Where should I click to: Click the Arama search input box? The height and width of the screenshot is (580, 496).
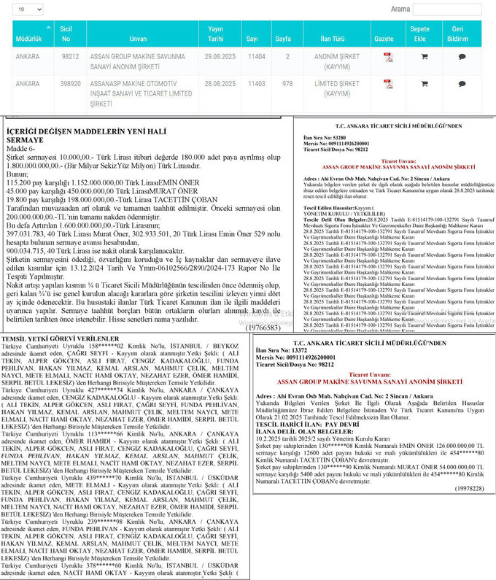[x=446, y=9]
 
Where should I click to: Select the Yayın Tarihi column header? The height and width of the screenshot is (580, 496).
[x=215, y=34]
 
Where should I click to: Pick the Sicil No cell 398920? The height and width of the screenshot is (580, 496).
[x=70, y=84]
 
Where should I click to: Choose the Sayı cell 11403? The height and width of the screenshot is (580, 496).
[x=256, y=84]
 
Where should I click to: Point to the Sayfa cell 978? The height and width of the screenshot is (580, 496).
[x=288, y=84]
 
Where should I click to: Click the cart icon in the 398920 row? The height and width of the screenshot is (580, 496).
[x=424, y=84]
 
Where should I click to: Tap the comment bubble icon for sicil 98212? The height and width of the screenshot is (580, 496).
[x=462, y=56]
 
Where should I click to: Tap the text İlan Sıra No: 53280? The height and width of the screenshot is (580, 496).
[x=320, y=136]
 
